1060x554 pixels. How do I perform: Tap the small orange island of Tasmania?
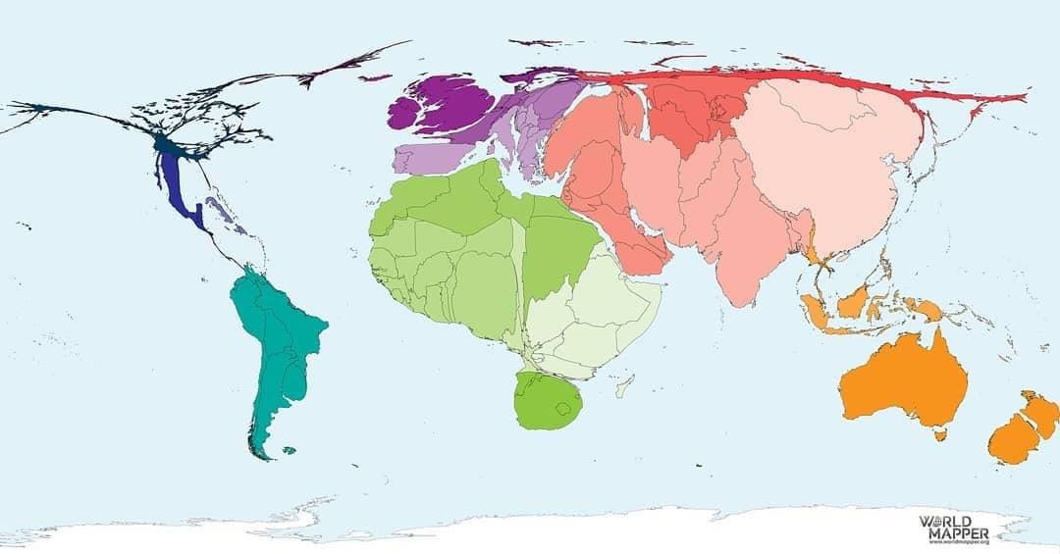(x=941, y=432)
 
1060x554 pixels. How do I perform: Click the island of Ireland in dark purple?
(x=405, y=111)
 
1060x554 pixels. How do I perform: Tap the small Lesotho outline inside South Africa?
(x=562, y=409)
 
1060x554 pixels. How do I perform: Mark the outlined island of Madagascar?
(x=621, y=388)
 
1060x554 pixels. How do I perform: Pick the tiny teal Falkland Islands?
(x=289, y=451)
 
